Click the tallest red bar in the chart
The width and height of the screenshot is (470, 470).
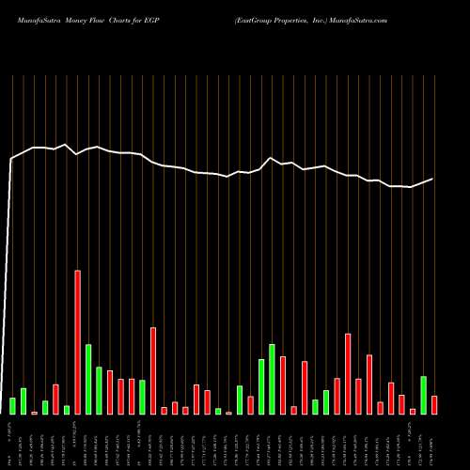77,342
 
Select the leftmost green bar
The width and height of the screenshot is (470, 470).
12,406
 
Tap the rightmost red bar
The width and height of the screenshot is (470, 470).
434,405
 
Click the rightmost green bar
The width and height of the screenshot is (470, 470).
423,395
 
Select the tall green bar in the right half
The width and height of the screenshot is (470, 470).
272,379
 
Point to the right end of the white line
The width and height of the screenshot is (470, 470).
433,179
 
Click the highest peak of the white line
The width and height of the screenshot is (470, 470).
65,145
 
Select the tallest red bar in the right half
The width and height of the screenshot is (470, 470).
348,373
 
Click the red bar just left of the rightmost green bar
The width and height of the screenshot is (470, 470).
413,411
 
